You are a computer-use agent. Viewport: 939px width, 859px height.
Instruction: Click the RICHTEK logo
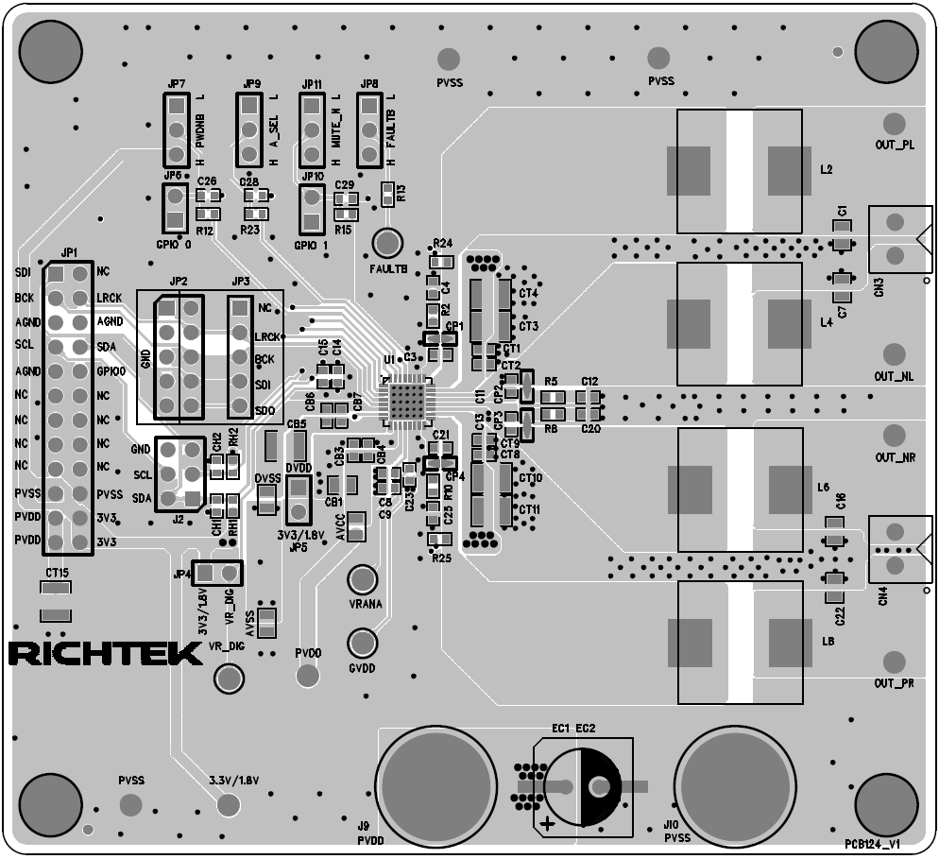pos(105,653)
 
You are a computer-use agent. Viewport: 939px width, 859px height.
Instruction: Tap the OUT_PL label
pos(894,146)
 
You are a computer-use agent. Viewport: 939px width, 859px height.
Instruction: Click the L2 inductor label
pos(826,170)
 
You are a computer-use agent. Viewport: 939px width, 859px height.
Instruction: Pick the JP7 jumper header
pos(176,129)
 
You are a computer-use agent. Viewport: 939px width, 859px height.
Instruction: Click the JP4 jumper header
pos(217,573)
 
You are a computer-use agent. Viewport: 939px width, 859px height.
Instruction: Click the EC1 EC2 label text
pos(573,730)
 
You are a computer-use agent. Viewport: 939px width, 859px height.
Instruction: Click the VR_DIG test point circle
pos(227,677)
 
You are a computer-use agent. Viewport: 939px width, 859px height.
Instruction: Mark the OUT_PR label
pos(894,683)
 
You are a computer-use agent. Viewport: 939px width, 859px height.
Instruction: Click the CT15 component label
pos(57,574)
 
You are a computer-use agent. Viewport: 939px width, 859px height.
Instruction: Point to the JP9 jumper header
pos(248,129)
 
